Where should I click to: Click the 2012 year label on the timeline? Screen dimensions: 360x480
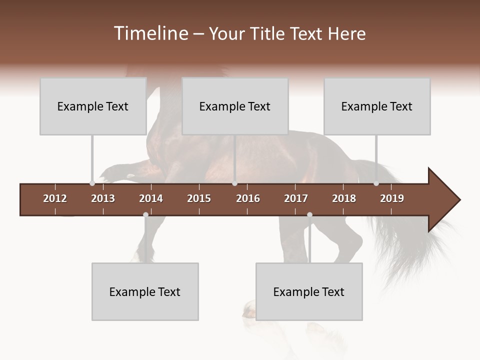point(55,198)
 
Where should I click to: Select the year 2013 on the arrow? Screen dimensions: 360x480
point(103,198)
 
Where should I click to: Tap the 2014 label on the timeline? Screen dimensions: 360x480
point(151,198)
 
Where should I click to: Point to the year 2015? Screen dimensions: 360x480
point(199,198)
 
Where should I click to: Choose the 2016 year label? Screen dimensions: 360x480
point(248,198)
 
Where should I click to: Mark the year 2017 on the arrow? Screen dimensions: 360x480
point(296,198)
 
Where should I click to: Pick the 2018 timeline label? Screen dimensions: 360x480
point(344,198)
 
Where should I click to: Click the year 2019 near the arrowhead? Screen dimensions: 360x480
point(392,198)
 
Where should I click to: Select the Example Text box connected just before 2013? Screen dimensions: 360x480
point(93,106)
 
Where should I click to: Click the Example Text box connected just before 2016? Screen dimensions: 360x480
point(235,106)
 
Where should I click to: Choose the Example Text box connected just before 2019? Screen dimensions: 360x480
point(377,106)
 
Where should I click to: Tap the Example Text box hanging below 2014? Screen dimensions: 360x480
point(145,291)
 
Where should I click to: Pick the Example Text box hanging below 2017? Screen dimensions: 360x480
point(309,291)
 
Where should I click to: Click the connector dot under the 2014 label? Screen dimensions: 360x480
point(145,215)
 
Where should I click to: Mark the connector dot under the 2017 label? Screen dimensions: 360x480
point(309,215)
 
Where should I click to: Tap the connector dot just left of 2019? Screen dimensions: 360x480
point(376,183)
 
